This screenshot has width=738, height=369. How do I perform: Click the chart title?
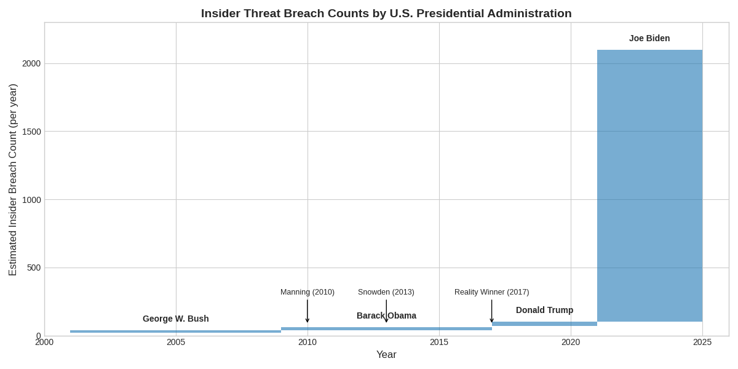(386, 14)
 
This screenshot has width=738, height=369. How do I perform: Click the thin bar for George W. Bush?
(175, 331)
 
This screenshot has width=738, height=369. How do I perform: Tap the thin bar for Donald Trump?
(544, 323)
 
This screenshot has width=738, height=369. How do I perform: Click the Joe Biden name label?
(649, 38)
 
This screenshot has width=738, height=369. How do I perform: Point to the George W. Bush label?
(176, 319)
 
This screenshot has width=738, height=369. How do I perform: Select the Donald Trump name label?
(544, 310)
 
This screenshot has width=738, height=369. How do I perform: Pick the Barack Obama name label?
(386, 315)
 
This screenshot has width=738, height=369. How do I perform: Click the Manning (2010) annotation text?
(307, 292)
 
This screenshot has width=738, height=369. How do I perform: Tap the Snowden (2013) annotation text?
(386, 292)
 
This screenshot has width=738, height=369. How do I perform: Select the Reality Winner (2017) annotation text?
(491, 292)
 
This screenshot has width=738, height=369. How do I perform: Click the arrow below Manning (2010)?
(307, 311)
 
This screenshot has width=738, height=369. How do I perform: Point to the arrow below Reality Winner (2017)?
(492, 311)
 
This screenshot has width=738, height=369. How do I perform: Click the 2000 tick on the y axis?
(31, 63)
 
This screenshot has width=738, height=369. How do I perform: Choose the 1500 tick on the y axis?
(31, 132)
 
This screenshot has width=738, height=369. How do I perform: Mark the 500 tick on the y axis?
(34, 268)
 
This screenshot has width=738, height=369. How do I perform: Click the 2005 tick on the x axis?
(176, 342)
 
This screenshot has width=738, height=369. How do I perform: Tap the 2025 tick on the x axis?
(702, 342)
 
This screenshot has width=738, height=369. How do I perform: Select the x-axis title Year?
(386, 355)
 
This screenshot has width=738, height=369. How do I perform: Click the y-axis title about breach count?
(13, 180)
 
